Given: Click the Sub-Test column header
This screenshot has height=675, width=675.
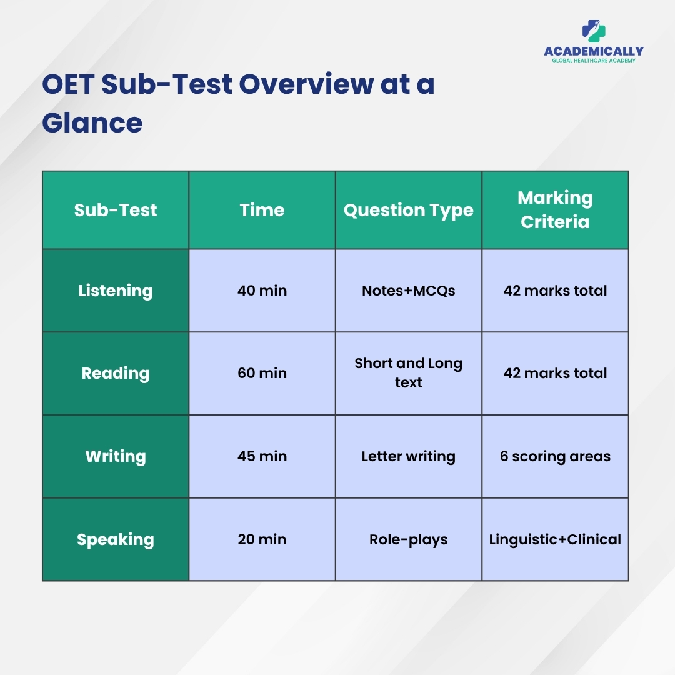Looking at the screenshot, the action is coord(116,210).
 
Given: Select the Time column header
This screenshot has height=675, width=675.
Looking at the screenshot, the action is coord(262,210).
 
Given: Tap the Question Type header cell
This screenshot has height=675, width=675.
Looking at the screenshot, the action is coord(409,211).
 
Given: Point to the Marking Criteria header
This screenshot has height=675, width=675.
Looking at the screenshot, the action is coord(556,209).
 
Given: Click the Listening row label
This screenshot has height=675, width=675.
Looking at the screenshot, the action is coord(116,291).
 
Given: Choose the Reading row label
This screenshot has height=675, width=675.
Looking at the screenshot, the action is coord(116,373).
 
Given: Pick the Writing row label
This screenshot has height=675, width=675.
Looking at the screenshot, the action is coord(116,456).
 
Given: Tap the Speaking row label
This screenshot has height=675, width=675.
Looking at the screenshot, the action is coord(116,539).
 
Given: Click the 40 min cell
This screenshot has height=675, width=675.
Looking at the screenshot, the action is coord(262,291).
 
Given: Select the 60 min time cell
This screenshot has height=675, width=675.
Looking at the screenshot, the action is coord(262,373).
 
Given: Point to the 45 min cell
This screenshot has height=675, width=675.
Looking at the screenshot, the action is coord(262,456).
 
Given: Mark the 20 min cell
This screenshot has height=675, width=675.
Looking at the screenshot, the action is coord(262,539).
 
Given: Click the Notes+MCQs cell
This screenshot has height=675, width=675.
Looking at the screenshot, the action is coord(409,291).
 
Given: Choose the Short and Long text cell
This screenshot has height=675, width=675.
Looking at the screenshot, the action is coord(409,372).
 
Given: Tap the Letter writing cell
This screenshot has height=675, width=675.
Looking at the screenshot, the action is coord(409,456).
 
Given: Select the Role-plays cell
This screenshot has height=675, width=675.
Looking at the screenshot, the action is coord(409,539).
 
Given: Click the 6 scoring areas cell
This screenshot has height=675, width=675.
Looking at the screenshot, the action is coord(556,456).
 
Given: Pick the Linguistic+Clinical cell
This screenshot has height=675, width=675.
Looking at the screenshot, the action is coord(556,539).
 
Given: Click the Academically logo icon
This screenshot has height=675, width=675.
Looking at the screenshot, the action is coord(594,31).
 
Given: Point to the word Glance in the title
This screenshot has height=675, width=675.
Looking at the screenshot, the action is coord(92,123).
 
